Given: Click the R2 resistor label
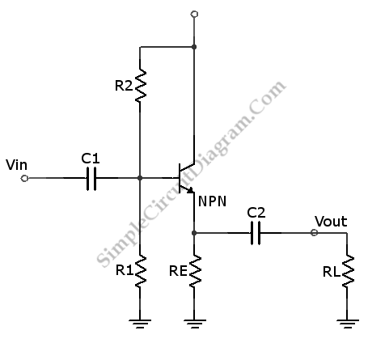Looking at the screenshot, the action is [x=124, y=86].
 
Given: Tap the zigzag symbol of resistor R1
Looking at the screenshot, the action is [x=140, y=270].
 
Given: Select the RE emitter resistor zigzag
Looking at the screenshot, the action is [x=195, y=270].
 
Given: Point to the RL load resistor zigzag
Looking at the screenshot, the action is [x=348, y=270].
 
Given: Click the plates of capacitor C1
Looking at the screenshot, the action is [x=91, y=179].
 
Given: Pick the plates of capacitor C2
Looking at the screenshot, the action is [x=256, y=233].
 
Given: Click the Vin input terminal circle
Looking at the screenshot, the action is [x=24, y=179].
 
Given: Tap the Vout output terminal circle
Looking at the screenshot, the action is [x=314, y=232].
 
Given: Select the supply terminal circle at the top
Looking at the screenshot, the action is [x=194, y=14].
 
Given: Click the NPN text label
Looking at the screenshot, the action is [x=212, y=201].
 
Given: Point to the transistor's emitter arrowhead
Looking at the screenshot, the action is [x=191, y=190].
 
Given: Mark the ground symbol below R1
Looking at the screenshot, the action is [x=140, y=324].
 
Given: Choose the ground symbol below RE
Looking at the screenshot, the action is [x=195, y=324].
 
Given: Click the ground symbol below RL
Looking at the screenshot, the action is [x=348, y=324].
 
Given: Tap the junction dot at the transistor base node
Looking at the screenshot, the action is [x=140, y=178].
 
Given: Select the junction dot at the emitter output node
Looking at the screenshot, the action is [x=194, y=233].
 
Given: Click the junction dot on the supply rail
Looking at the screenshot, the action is [x=194, y=47].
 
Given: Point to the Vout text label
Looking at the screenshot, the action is [x=331, y=222].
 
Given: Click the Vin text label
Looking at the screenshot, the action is [x=16, y=165].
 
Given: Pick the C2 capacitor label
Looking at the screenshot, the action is [x=256, y=213].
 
